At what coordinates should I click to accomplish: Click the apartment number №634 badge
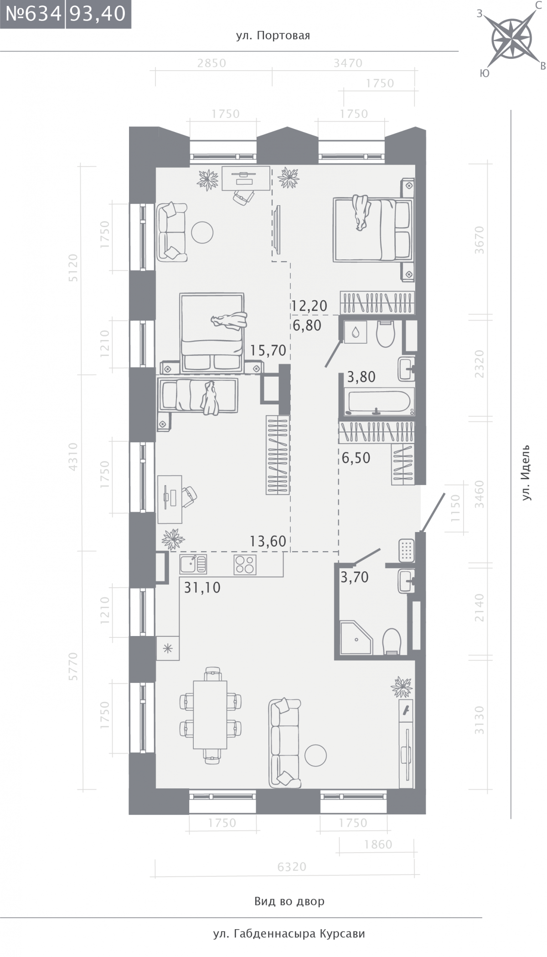tap(32, 14)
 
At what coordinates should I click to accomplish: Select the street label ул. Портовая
tap(273, 36)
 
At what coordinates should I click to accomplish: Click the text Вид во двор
tap(289, 901)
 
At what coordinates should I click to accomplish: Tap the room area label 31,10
tap(202, 588)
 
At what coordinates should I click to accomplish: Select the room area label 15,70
tap(268, 350)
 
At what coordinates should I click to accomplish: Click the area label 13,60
tap(268, 541)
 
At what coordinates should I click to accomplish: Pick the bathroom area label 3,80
tap(361, 377)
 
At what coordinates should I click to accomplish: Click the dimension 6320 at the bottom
tap(292, 867)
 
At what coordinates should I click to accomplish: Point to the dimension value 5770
tap(73, 667)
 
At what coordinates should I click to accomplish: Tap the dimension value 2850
tap(212, 63)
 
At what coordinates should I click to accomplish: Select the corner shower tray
tap(356, 637)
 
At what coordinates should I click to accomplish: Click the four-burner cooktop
tap(245, 564)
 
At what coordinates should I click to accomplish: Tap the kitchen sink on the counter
tap(193, 564)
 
